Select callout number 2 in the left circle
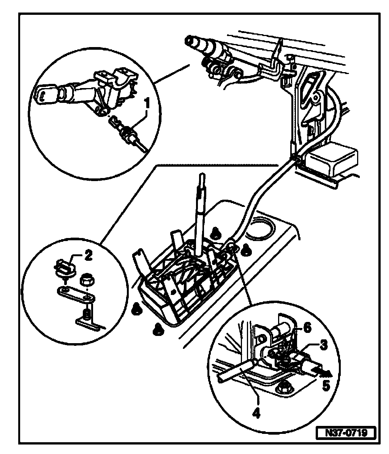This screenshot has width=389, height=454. [88, 255]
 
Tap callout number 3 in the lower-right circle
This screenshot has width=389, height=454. [324, 345]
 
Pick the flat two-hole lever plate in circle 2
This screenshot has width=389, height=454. [76, 293]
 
